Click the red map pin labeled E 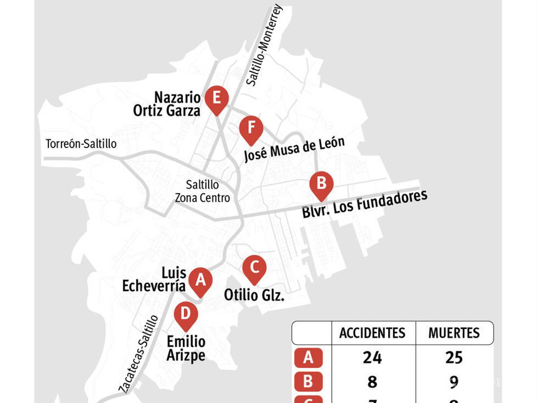point(217,99)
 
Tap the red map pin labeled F point(251,129)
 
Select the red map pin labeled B point(321,184)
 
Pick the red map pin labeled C point(254,268)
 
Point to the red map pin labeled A point(200,281)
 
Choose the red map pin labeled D point(186,315)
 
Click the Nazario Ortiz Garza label point(167,104)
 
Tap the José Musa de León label point(294,149)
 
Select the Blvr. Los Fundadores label point(364,205)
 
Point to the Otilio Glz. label point(254,295)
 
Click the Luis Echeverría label point(154,280)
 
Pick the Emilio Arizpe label point(186,348)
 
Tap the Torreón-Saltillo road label point(81,144)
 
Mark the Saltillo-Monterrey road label point(265,45)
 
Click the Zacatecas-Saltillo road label point(139,354)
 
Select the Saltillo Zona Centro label point(202,191)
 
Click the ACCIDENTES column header point(372,333)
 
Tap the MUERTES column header point(454,333)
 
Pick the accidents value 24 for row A point(372,357)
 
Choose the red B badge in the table point(308,382)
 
